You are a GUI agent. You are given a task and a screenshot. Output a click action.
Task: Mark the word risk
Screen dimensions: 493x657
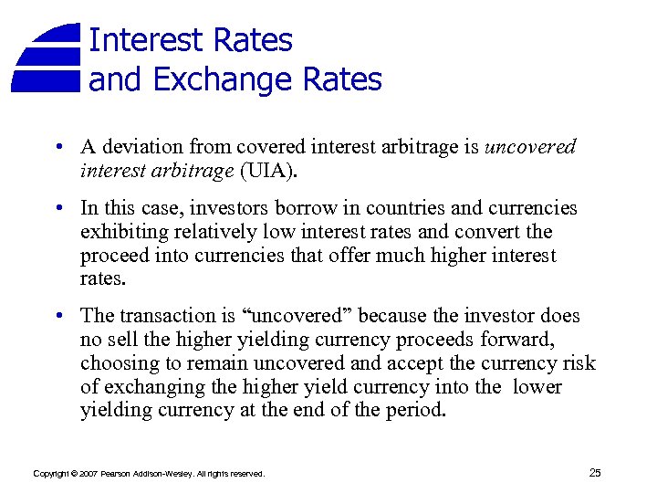click(578, 363)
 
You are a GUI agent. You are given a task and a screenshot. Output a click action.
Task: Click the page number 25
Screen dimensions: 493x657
click(595, 472)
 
